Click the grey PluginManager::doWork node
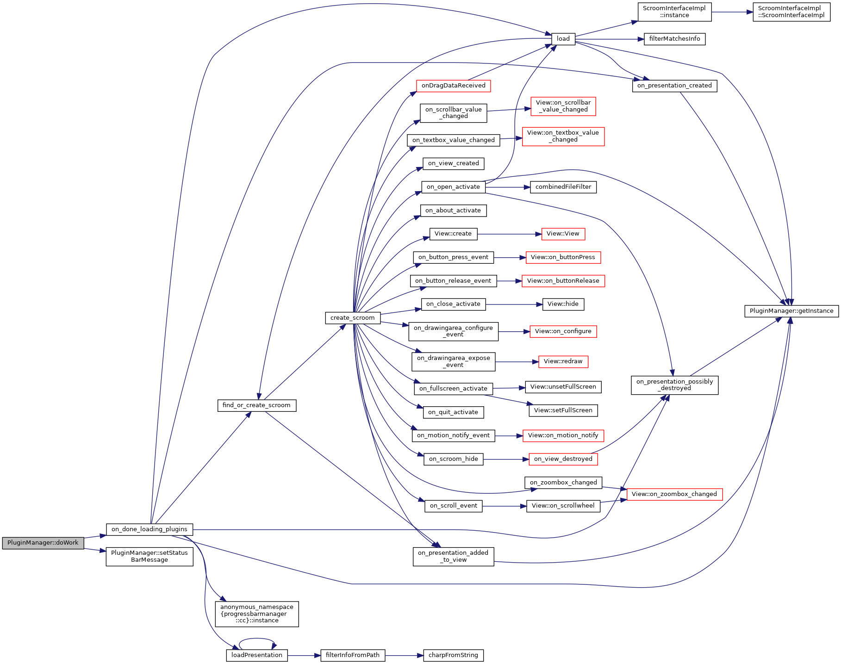pyautogui.click(x=43, y=543)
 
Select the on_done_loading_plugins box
pyautogui.click(x=149, y=529)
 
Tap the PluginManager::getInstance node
pyautogui.click(x=791, y=311)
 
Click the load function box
pyautogui.click(x=563, y=39)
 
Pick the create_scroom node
pyautogui.click(x=352, y=318)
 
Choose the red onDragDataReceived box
pyautogui.click(x=453, y=86)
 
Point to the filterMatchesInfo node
pyautogui.click(x=674, y=39)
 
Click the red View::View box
pyautogui.click(x=563, y=234)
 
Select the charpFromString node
pyautogui.click(x=453, y=655)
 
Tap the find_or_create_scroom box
pyautogui.click(x=256, y=405)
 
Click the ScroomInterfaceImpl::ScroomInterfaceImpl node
pyautogui.click(x=791, y=12)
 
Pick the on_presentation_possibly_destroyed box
pyautogui.click(x=674, y=385)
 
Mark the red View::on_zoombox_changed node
pyautogui.click(x=674, y=494)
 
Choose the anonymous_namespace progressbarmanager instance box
pyautogui.click(x=256, y=614)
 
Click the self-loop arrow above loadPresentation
pyautogui.click(x=257, y=639)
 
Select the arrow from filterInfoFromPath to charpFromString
pyautogui.click(x=404, y=655)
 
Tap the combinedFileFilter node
pyautogui.click(x=563, y=187)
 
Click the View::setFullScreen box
pyautogui.click(x=563, y=410)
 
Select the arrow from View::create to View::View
pyautogui.click(x=509, y=234)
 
